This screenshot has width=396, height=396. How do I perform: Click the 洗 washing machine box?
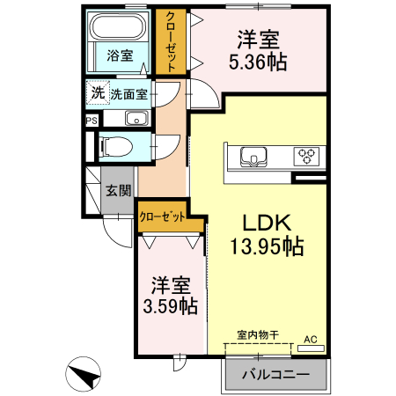[x=96, y=92]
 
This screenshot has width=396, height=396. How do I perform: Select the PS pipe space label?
[x=92, y=121]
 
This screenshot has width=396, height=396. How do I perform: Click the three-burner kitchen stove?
[x=307, y=157]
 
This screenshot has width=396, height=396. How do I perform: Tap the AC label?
[x=311, y=338]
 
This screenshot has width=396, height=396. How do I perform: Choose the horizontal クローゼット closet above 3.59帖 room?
[x=168, y=216]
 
